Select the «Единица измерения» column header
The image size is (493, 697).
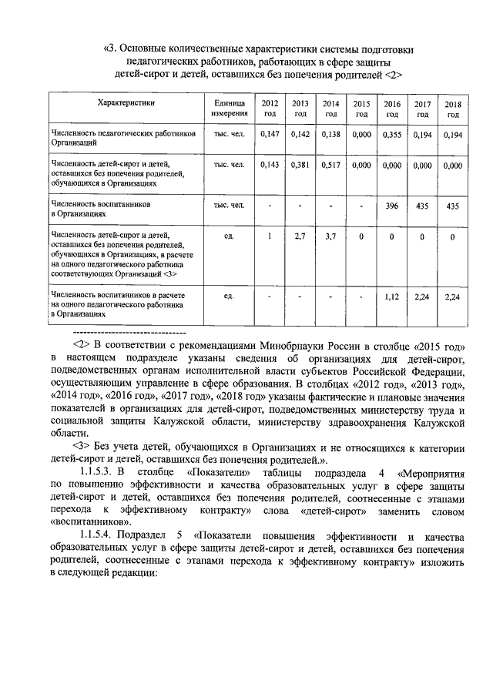click(x=229, y=108)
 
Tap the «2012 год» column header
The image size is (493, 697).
click(x=270, y=108)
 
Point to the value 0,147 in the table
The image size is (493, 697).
click(x=270, y=134)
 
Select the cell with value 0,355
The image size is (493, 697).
click(x=392, y=134)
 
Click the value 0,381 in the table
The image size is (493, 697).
click(x=300, y=165)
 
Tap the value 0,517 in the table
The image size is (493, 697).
click(x=330, y=165)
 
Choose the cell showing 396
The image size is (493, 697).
click(x=392, y=206)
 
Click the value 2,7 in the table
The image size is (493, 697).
click(x=300, y=236)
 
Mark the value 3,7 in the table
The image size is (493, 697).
click(x=330, y=236)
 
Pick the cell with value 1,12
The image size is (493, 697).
click(x=392, y=296)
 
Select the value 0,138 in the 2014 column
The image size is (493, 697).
click(x=330, y=134)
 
